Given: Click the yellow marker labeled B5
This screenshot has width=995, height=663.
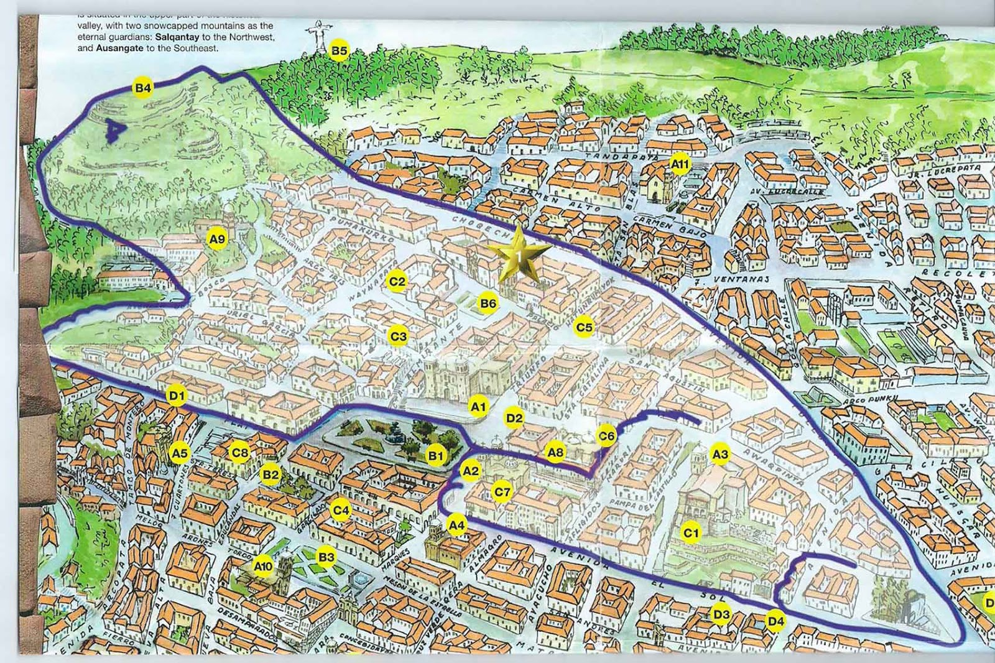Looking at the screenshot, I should pos(339,50).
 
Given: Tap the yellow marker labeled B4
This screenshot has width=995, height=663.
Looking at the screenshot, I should pos(143,88).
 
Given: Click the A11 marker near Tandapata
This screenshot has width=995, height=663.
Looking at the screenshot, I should pos(680,164).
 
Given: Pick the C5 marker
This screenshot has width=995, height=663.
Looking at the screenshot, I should pos(584,327).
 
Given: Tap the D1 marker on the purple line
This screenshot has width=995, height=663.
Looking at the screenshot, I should pos(177,396).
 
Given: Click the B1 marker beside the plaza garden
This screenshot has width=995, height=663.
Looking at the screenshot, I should pos(436,456).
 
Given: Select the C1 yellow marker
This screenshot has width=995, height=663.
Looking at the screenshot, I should pos(691,533).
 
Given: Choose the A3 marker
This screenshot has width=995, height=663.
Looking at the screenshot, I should pos(720,454).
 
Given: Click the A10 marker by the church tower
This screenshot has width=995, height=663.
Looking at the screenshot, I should pos(262,566).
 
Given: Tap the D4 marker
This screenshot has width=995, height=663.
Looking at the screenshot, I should pos(775,621).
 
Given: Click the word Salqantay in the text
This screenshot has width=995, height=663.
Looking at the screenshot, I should pos(177,37).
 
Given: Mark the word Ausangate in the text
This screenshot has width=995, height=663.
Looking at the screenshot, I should pos(119,48).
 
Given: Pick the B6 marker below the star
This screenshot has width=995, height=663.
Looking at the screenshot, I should pos(488,303).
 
